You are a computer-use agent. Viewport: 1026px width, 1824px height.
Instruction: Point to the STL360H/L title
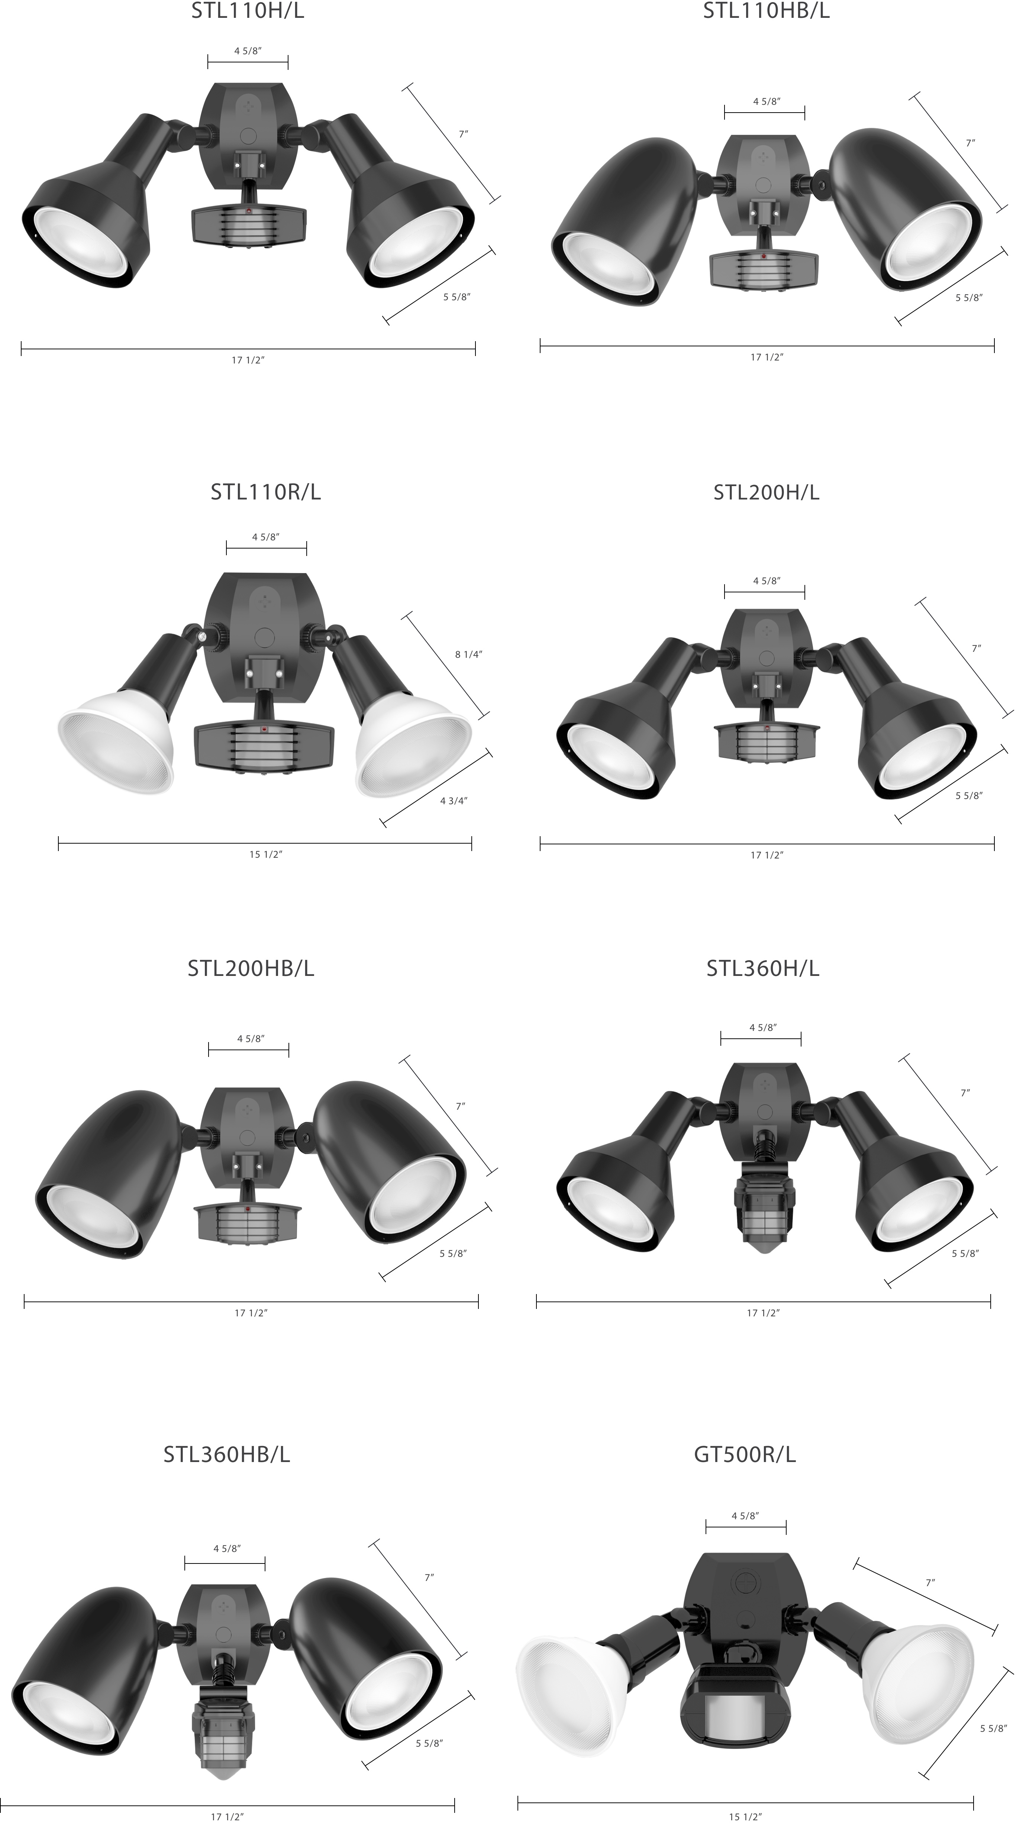tap(762, 968)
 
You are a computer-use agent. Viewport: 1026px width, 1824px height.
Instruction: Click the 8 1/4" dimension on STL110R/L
tap(468, 654)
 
